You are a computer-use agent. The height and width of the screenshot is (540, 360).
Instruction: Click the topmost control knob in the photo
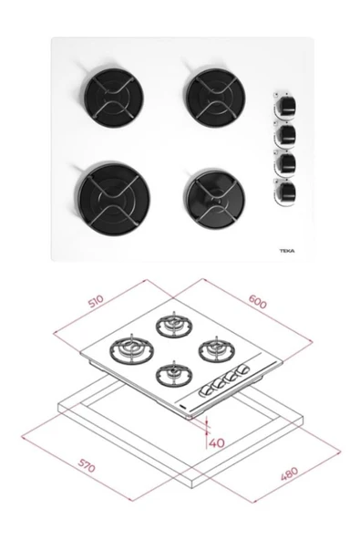tap(285, 104)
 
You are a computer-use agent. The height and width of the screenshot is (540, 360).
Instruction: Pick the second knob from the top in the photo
tap(285, 133)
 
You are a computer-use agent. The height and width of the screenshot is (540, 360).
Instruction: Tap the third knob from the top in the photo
tap(285, 163)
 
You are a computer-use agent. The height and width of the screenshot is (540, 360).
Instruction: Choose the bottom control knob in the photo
tap(285, 192)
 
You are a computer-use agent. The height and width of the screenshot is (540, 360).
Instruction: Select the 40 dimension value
tap(216, 443)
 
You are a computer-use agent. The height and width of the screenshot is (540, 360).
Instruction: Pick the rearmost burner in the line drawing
tap(172, 324)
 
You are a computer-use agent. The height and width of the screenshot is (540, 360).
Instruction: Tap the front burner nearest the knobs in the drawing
tap(170, 373)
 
